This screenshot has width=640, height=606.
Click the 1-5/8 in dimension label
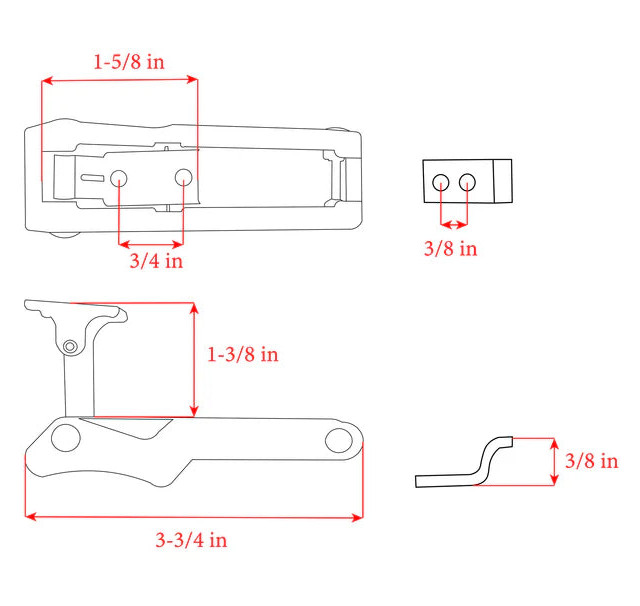click(129, 61)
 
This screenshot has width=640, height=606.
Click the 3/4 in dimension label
click(156, 262)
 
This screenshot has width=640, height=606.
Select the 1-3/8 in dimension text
click(242, 355)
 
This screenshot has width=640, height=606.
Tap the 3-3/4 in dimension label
click(191, 540)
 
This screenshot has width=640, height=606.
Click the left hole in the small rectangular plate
click(441, 182)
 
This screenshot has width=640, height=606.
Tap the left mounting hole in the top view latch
click(119, 178)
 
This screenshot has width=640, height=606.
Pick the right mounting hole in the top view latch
click(183, 177)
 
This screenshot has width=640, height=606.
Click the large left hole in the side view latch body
click(66, 437)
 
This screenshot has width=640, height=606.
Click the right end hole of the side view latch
click(339, 439)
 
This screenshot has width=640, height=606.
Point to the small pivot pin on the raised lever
click(69, 346)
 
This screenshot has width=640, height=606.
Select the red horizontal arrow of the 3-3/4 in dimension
click(193, 517)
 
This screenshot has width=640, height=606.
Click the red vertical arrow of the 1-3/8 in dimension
click(194, 360)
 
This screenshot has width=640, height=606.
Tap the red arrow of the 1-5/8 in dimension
click(120, 81)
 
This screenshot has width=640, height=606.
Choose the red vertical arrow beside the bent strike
click(555, 461)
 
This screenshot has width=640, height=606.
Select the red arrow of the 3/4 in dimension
click(151, 242)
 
